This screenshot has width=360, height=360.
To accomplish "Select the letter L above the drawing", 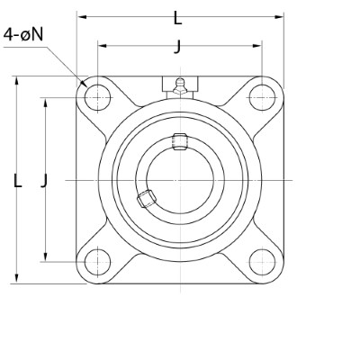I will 177,17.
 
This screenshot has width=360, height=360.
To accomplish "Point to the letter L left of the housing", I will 17,181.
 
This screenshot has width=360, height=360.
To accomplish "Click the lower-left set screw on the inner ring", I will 145,199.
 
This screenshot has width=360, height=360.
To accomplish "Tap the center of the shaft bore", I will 176,180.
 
